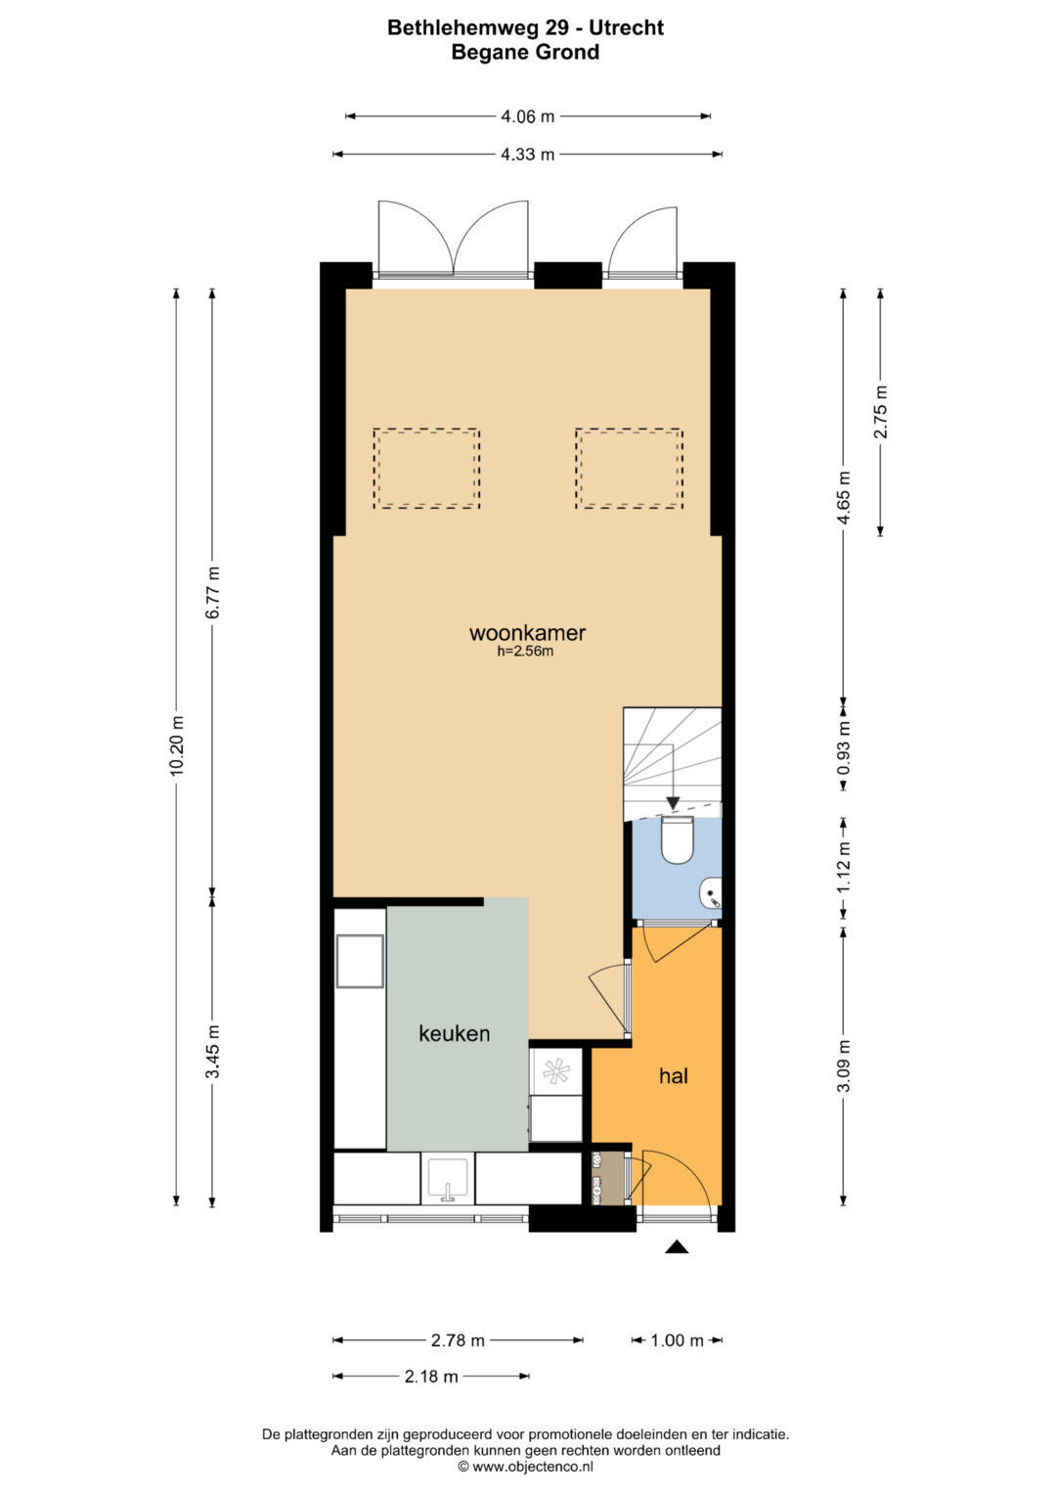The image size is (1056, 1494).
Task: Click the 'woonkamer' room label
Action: click(527, 632)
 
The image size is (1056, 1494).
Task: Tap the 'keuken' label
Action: click(454, 1033)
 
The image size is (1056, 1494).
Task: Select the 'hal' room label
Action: click(674, 1076)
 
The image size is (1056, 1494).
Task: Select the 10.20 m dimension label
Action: click(177, 746)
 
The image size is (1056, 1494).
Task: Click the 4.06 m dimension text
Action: click(527, 116)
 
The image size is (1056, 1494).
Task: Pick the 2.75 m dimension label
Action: click(881, 412)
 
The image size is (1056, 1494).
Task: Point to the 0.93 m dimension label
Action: click(844, 747)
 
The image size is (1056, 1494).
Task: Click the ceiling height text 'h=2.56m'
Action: click(525, 652)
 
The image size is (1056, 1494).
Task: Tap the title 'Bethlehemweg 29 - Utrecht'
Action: click(525, 27)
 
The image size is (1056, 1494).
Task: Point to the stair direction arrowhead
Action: click(673, 804)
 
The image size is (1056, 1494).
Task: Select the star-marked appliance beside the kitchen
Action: click(555, 1071)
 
